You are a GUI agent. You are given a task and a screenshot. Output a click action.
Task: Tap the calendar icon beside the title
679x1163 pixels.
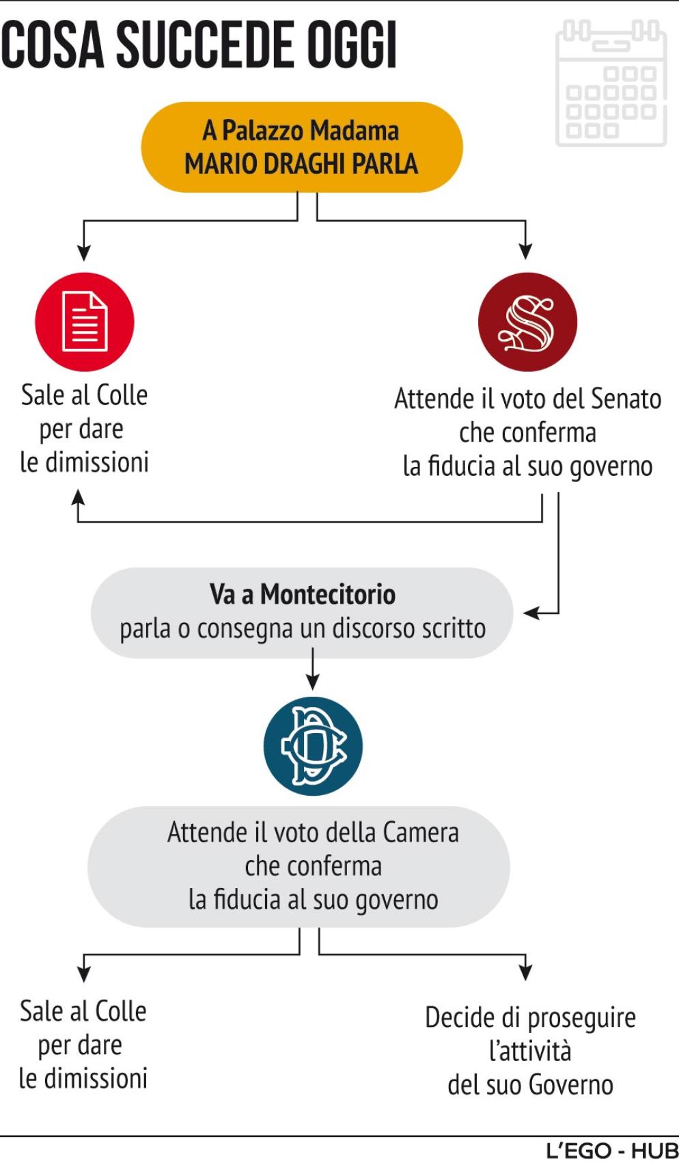tap(611, 83)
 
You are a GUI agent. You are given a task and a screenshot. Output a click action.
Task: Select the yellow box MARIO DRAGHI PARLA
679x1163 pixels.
tap(301, 147)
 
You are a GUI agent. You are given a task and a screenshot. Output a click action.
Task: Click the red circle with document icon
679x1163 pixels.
tap(85, 321)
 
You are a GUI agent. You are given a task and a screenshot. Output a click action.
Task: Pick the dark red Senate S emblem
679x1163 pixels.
tap(527, 322)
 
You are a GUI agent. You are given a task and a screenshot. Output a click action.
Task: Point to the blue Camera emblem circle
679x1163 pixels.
tap(313, 746)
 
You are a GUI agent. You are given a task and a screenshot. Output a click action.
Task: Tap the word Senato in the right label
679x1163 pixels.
tap(626, 399)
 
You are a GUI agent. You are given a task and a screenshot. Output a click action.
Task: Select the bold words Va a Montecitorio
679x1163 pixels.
tap(302, 594)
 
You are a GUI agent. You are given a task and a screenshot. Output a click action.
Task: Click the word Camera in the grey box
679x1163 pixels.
tap(421, 832)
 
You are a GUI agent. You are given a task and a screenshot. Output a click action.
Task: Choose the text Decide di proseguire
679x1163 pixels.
tap(530, 1017)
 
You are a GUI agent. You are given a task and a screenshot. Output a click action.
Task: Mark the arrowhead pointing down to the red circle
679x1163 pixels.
tap(84, 252)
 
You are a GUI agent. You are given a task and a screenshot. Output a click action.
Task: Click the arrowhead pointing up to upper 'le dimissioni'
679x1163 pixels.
tap(79, 497)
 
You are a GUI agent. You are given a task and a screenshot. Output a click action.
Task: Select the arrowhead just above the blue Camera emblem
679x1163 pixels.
tap(313, 682)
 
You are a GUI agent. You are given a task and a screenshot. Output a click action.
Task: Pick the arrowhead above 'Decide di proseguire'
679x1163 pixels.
tap(525, 972)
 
